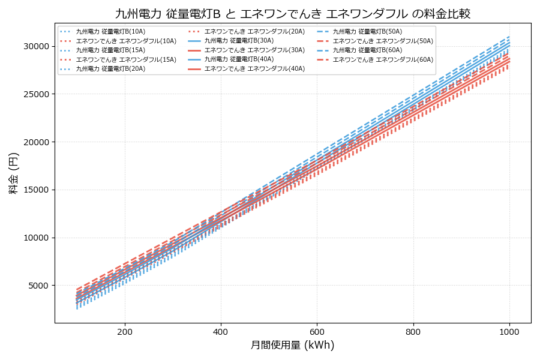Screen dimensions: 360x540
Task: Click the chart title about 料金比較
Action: tap(293, 13)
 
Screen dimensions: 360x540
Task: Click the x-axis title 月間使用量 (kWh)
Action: tap(292, 346)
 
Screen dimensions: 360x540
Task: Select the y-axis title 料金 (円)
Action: tap(13, 173)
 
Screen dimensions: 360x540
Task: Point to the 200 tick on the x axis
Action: tap(125, 331)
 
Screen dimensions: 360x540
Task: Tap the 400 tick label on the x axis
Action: tap(221, 331)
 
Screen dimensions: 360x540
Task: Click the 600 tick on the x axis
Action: tap(317, 331)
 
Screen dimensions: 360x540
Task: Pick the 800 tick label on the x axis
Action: tap(413, 331)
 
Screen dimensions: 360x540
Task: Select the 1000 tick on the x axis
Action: tap(509, 331)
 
